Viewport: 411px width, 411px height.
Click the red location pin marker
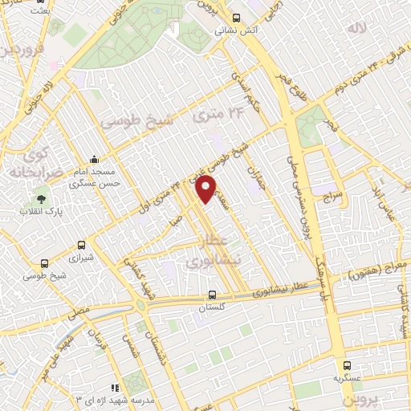point(206,189)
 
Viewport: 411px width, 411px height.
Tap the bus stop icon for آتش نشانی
point(235,18)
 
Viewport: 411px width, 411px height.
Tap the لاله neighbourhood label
point(356,28)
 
